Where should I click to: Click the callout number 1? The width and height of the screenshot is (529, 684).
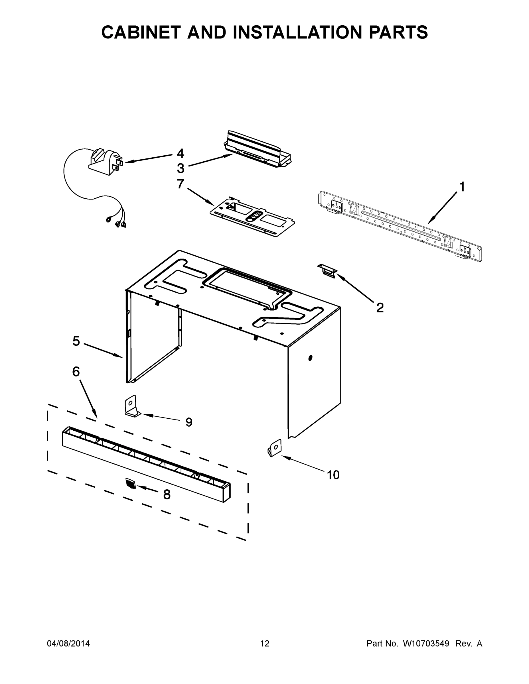click(462, 187)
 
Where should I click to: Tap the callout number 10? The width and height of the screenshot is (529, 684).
click(333, 475)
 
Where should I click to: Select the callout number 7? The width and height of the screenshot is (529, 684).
click(180, 184)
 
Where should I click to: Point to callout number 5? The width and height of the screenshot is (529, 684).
click(76, 341)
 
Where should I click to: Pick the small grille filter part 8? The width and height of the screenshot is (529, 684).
click(131, 483)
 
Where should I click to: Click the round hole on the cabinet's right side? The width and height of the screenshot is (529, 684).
click(310, 358)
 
